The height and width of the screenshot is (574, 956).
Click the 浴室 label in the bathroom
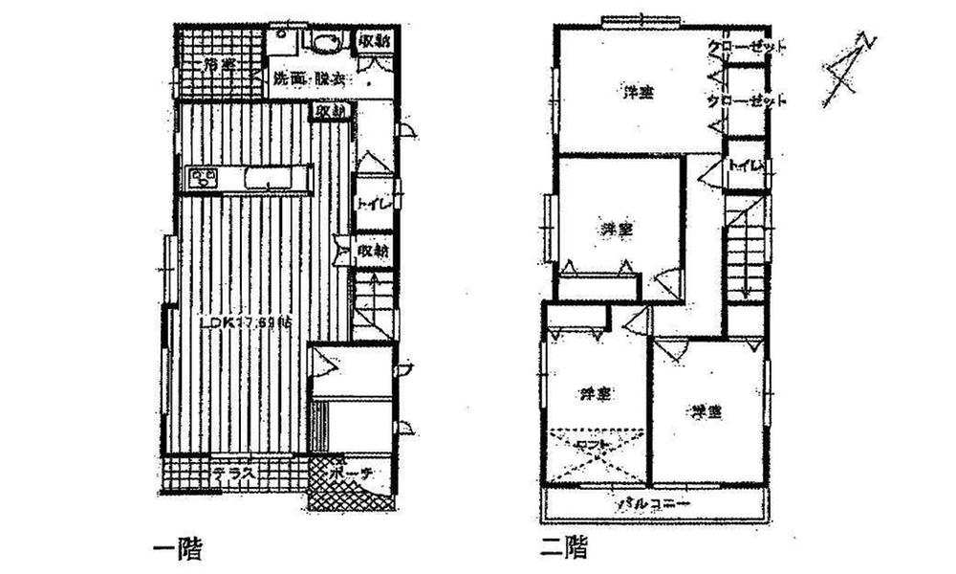pos(220,66)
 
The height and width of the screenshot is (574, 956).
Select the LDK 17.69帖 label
pos(246,324)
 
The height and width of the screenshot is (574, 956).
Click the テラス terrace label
pos(232,473)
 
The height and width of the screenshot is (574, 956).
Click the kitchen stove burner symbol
pos(204,177)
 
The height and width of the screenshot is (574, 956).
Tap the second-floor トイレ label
pos(748,166)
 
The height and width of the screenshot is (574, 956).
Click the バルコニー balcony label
pos(654,500)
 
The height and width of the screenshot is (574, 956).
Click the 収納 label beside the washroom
pos(375,41)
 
